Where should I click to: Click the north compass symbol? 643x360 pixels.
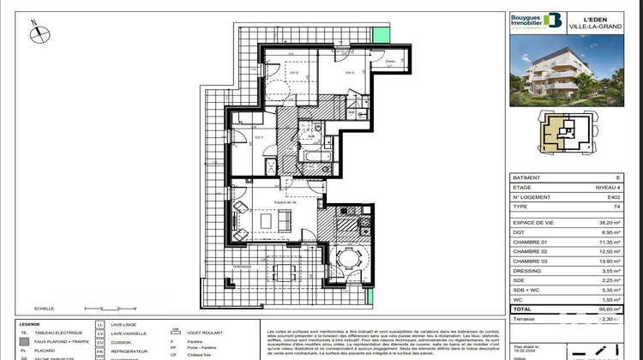[38, 33]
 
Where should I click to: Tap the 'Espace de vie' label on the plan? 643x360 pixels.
[285, 201]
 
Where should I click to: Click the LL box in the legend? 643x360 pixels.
[101, 326]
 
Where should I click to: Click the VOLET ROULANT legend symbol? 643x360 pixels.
[175, 331]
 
